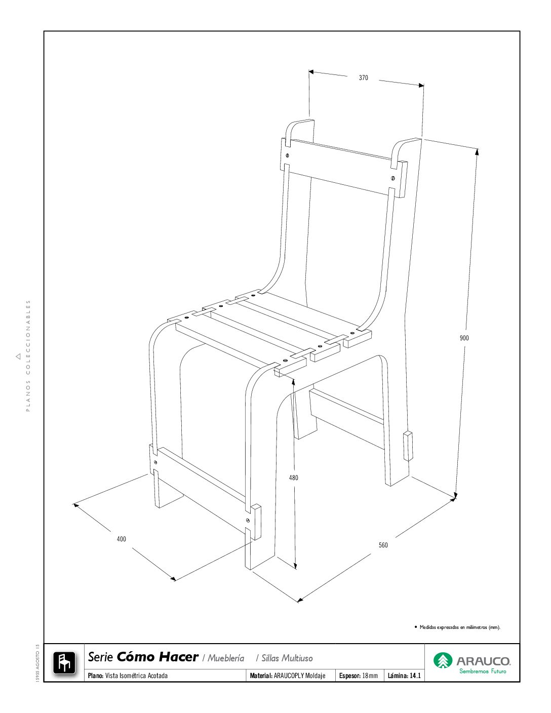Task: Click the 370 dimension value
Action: pyautogui.click(x=363, y=78)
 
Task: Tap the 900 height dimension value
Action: pyautogui.click(x=464, y=338)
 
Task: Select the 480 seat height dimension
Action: pyautogui.click(x=293, y=478)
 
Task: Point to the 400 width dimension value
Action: pyautogui.click(x=122, y=539)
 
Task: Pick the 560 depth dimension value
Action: pyautogui.click(x=383, y=545)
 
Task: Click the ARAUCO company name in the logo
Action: pyautogui.click(x=484, y=661)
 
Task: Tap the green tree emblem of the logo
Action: pyautogui.click(x=443, y=660)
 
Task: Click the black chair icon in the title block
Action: pyautogui.click(x=64, y=663)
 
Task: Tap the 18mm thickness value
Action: pyautogui.click(x=370, y=676)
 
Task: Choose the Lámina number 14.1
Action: pyautogui.click(x=415, y=676)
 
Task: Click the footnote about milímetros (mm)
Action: pyautogui.click(x=460, y=627)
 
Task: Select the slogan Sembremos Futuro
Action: pyautogui.click(x=483, y=671)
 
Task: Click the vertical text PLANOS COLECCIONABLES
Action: pyautogui.click(x=28, y=356)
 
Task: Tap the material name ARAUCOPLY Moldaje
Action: pyautogui.click(x=299, y=676)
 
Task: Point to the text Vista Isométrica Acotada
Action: pyautogui.click(x=136, y=676)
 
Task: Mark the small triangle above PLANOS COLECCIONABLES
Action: pyautogui.click(x=18, y=356)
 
